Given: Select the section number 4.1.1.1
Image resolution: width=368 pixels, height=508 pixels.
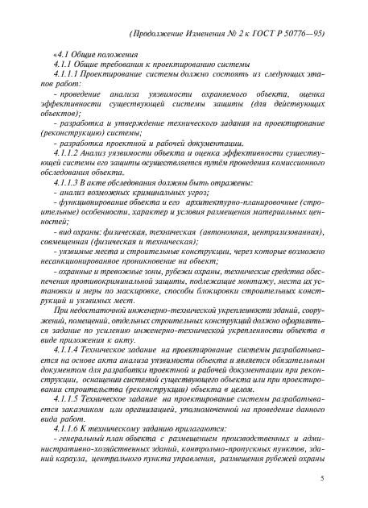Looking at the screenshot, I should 65,83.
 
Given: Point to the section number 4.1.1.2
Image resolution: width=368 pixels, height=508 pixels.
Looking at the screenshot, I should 65,150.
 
